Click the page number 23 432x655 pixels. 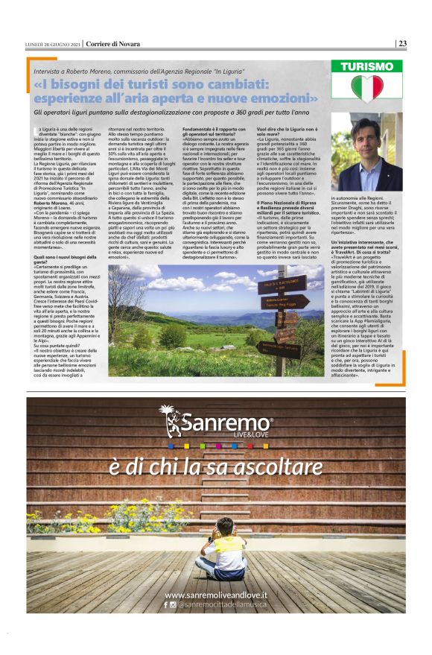tap(402, 43)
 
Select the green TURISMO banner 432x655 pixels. tap(366, 66)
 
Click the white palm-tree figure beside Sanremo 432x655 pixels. tap(171, 421)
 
